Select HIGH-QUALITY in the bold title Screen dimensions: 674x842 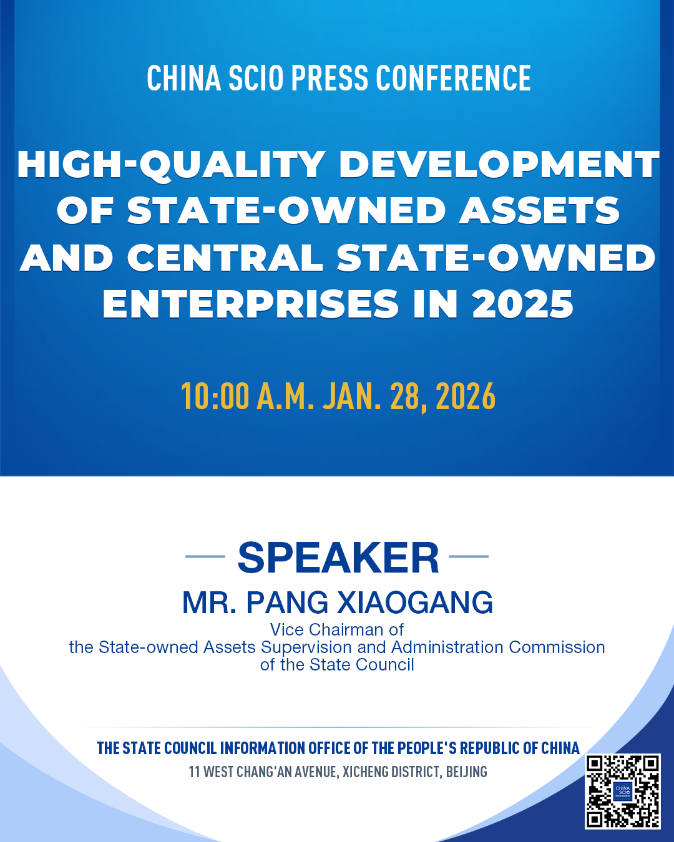pyautogui.click(x=172, y=165)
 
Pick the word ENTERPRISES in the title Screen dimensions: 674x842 pyautogui.click(x=251, y=304)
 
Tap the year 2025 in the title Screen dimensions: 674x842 pyautogui.click(x=523, y=304)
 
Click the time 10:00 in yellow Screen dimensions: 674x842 pyautogui.click(x=215, y=397)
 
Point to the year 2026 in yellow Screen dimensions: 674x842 pyautogui.click(x=466, y=397)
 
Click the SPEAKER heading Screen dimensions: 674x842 pyautogui.click(x=338, y=558)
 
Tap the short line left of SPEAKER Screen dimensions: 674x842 pyautogui.click(x=205, y=556)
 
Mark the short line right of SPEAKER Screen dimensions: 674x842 pyautogui.click(x=469, y=556)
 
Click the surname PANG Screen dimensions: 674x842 pyautogui.click(x=287, y=602)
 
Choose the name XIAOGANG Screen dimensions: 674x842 pyautogui.click(x=415, y=602)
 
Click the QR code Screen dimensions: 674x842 pyautogui.click(x=623, y=791)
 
